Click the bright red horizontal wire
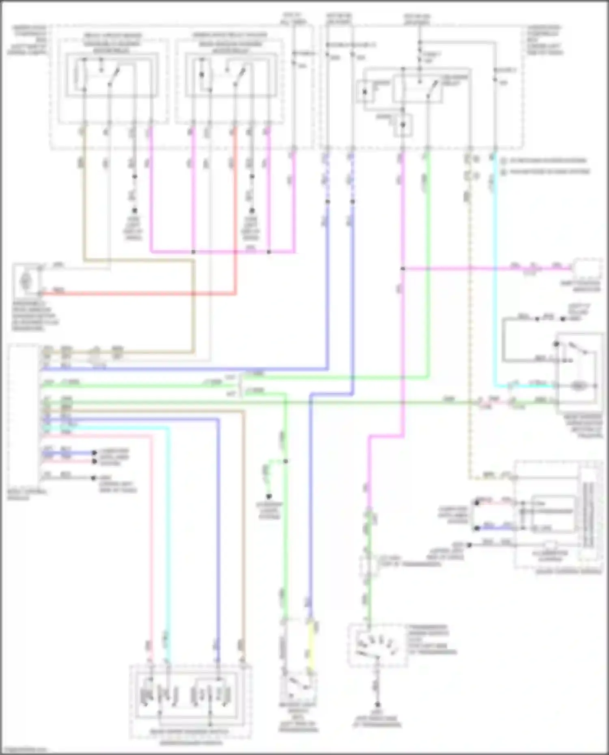point(138,293)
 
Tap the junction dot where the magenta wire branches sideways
point(403,269)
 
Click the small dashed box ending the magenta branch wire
point(588,269)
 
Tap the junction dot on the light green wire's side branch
point(285,461)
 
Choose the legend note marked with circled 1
point(544,161)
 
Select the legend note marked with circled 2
point(544,172)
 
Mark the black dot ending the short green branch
point(268,497)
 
